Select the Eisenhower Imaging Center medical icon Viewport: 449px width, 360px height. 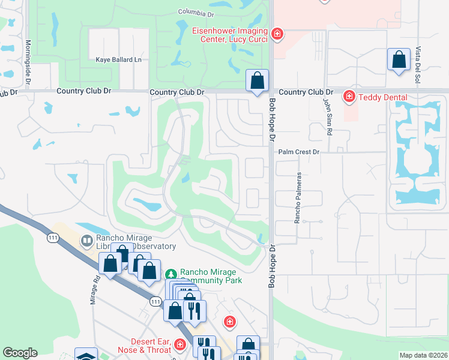[276, 34]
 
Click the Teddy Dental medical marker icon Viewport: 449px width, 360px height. [348, 97]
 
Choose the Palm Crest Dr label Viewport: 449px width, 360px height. [298, 152]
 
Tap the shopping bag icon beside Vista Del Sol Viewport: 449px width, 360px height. [398, 59]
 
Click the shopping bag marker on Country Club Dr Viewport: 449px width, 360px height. [257, 80]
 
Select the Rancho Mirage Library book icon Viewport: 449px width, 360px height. [86, 241]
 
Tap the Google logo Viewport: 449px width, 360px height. [20, 353]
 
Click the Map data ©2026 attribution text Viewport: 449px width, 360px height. [423, 355]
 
